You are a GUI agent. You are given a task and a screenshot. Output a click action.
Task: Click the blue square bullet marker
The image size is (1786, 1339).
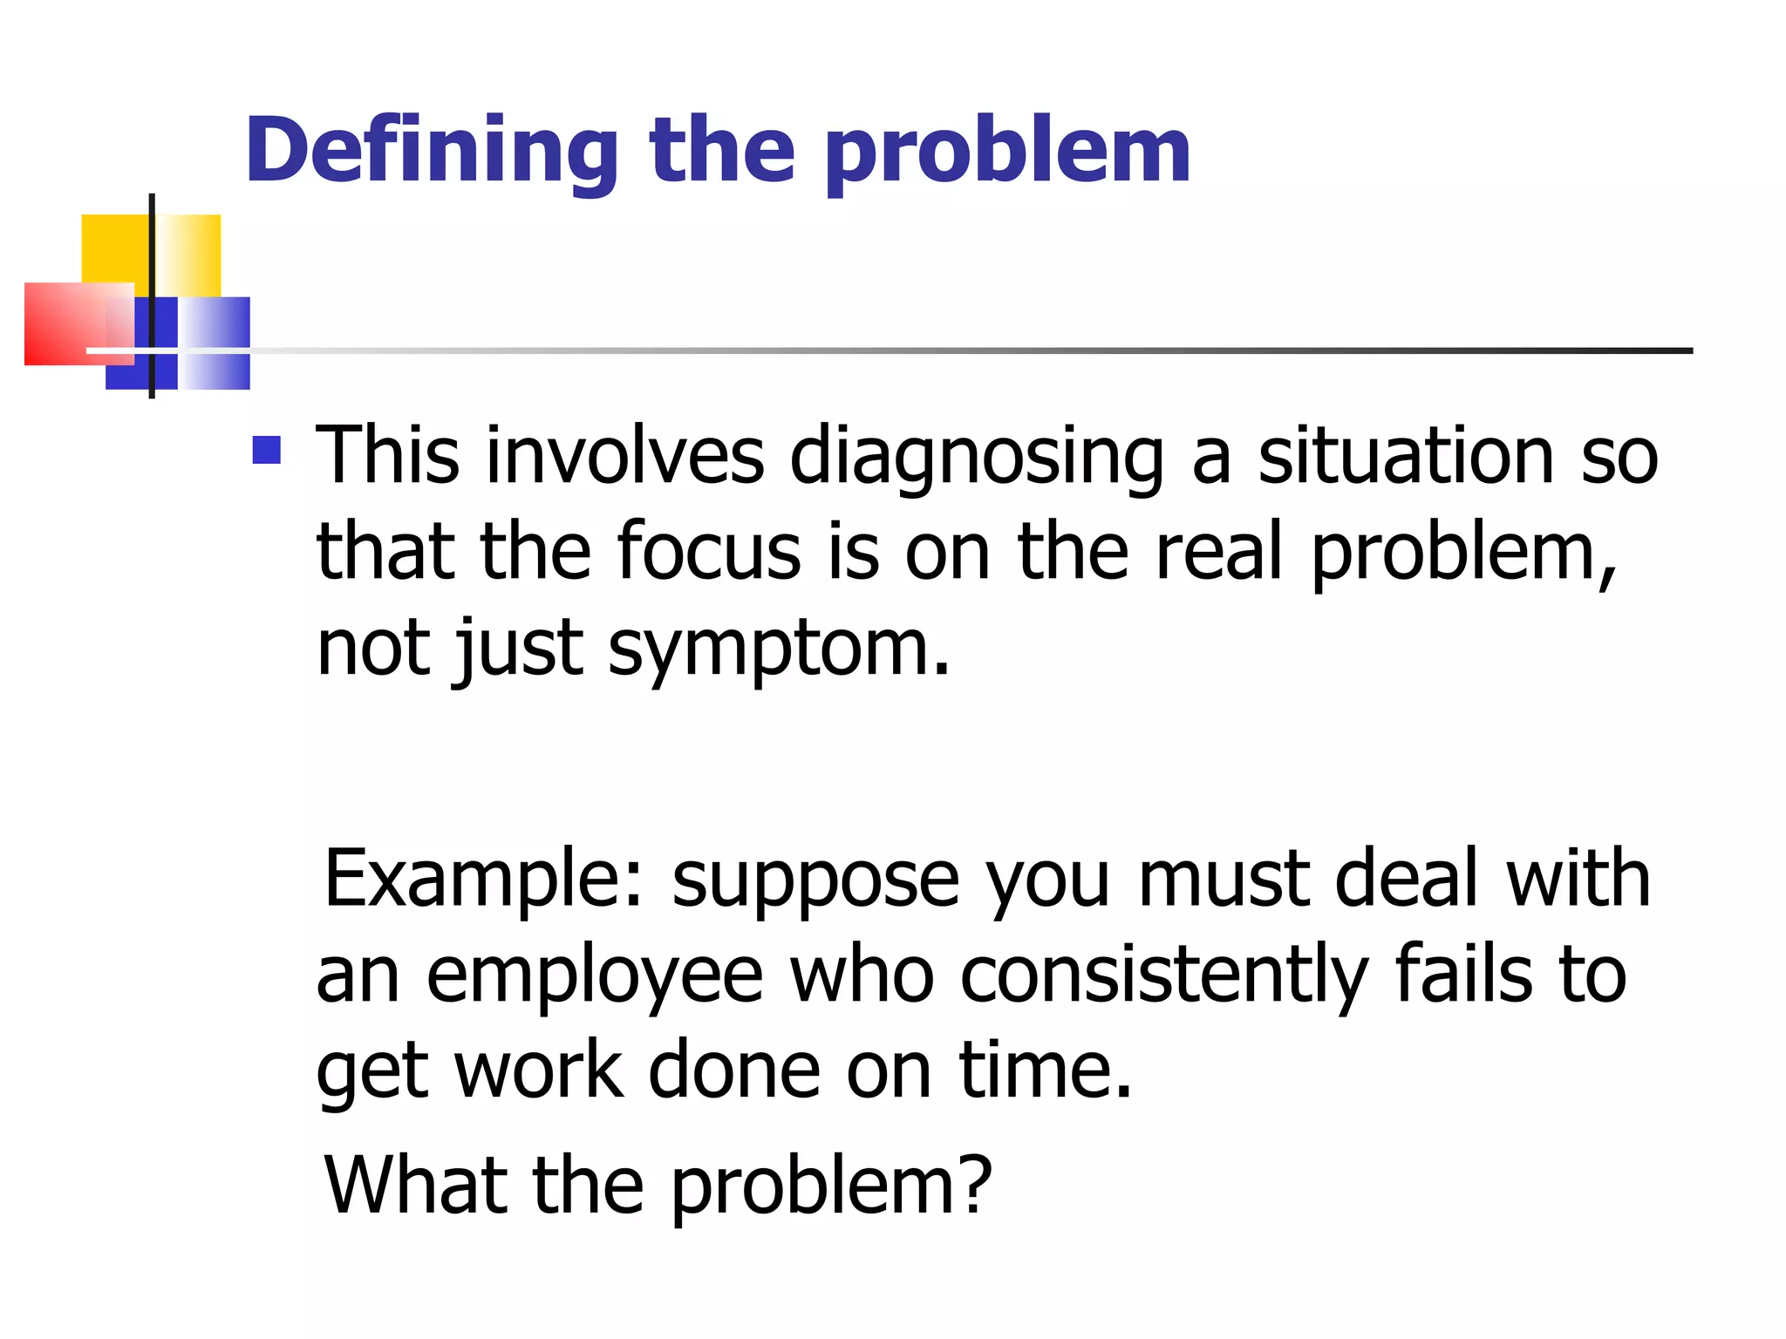point(267,450)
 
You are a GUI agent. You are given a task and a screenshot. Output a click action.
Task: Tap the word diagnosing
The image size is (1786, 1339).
point(976,458)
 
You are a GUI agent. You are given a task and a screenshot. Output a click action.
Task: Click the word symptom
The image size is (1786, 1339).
point(779,649)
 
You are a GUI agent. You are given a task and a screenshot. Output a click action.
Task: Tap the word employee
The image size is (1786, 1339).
point(594,976)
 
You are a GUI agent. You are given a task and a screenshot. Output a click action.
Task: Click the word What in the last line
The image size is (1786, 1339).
point(416,1185)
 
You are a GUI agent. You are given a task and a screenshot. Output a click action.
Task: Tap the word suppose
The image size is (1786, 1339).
point(815,880)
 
